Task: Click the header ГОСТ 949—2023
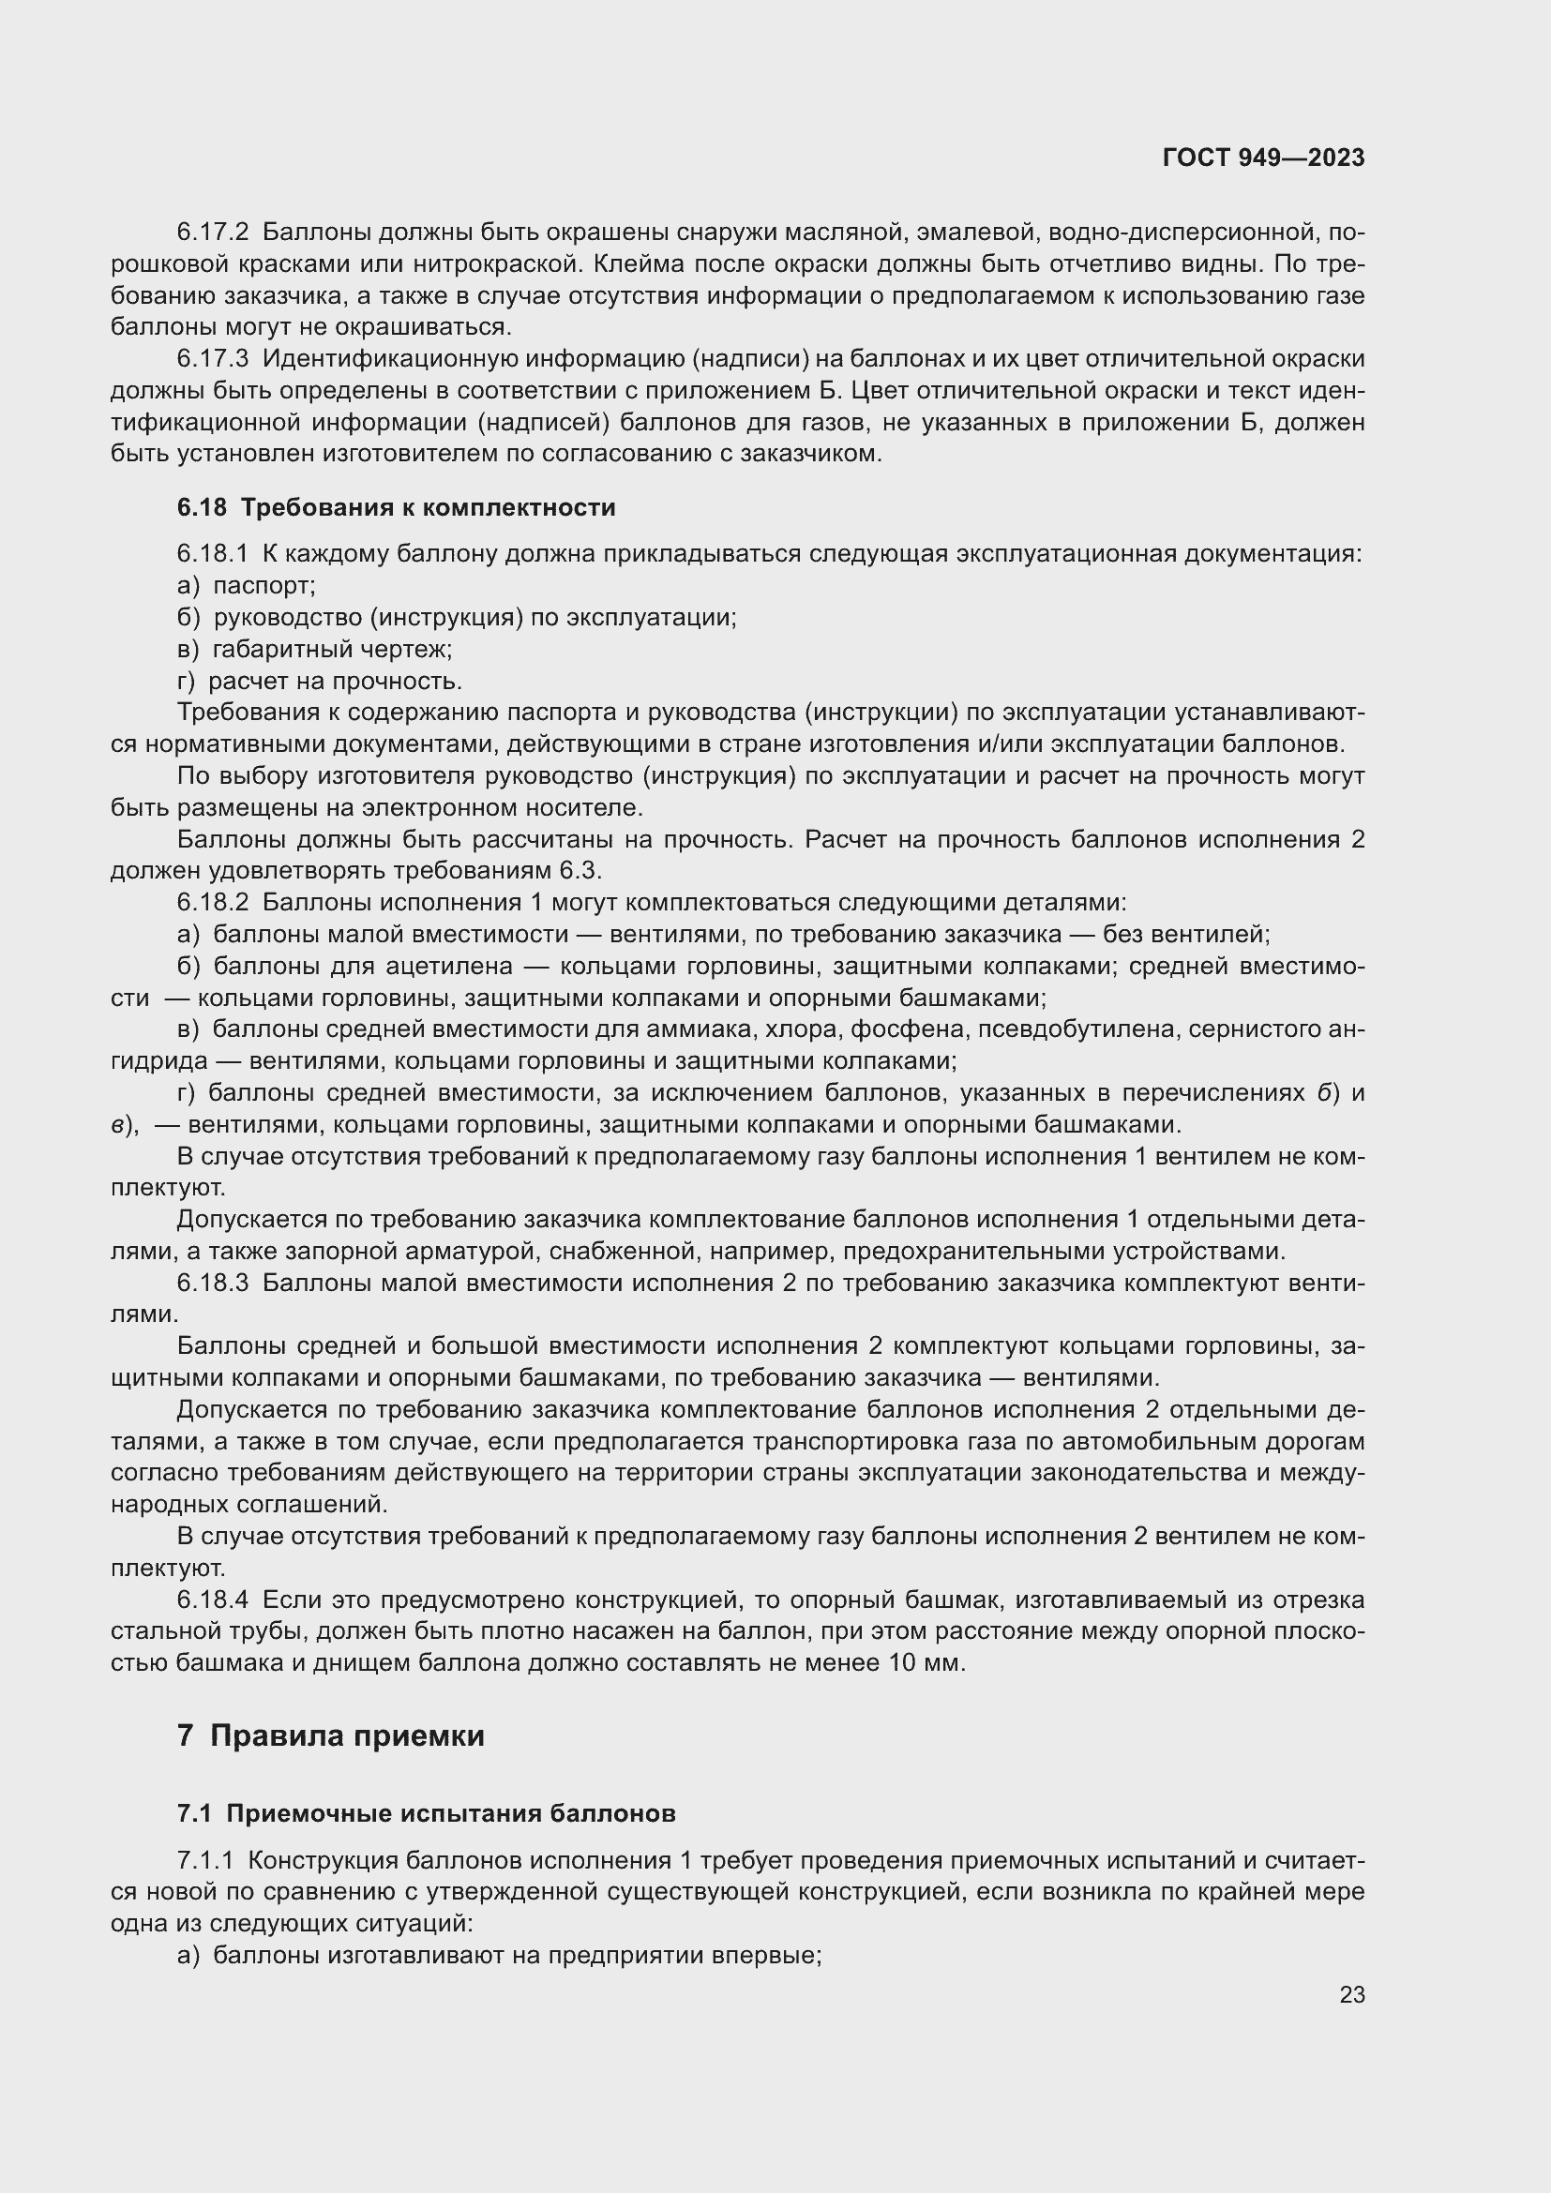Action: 1262,158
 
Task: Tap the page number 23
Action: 1351,1995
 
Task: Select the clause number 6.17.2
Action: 212,233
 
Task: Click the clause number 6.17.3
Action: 212,359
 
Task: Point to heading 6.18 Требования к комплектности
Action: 396,507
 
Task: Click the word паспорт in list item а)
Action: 264,584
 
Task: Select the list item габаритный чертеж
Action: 331,650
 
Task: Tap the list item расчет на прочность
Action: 334,681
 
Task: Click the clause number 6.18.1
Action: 212,553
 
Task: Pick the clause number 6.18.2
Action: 212,902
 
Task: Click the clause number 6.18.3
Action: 212,1282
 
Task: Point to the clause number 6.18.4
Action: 212,1599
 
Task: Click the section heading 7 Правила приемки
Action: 330,1735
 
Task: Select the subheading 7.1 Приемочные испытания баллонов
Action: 426,1814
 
